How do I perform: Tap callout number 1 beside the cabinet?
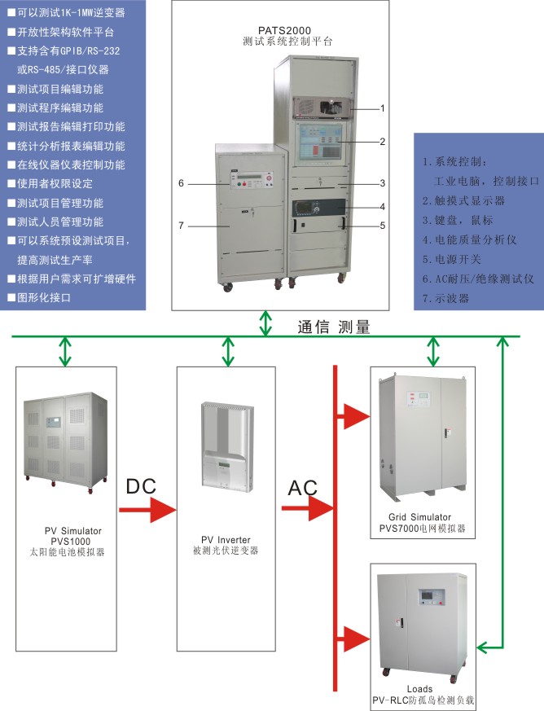point(382,108)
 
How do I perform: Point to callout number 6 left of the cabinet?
point(182,184)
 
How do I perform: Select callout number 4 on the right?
point(382,206)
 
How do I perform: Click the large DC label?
point(140,486)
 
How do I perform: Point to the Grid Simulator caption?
point(421,517)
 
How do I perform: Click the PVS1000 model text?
point(69,541)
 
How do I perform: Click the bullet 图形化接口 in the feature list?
point(45,298)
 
